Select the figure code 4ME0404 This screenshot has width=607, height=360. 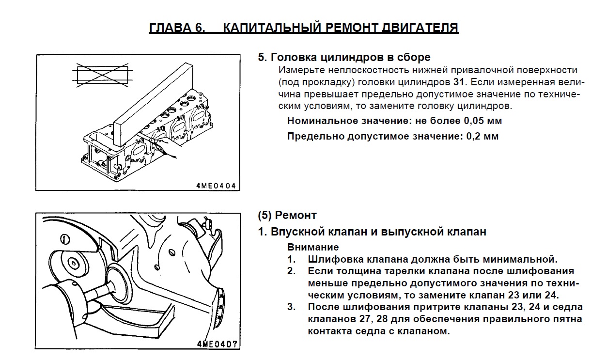point(216,186)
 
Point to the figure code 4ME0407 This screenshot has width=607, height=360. point(218,344)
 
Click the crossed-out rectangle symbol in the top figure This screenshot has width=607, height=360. point(102,75)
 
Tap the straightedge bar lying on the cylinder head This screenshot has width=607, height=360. point(153,106)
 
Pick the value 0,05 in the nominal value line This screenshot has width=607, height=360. point(474,121)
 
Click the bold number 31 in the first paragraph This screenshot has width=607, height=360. point(459,82)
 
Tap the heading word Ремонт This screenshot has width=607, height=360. point(296,215)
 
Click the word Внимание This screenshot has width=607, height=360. point(313,247)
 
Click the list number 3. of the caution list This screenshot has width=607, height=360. point(291,307)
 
